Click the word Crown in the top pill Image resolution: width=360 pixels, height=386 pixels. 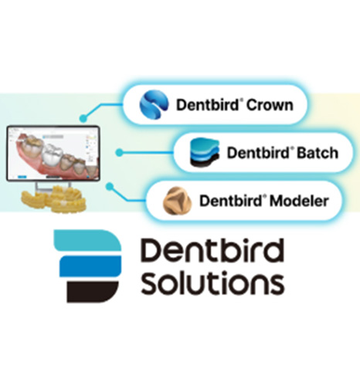[x=270, y=105]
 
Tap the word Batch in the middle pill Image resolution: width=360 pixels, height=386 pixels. [x=318, y=153]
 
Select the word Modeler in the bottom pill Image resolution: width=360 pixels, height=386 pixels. [x=299, y=201]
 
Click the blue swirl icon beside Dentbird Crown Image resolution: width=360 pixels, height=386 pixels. [x=154, y=104]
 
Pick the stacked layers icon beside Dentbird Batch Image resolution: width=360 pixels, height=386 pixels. [x=205, y=152]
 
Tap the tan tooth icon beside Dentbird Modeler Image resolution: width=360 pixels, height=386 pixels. [x=177, y=200]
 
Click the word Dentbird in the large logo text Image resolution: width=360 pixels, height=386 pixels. [x=212, y=249]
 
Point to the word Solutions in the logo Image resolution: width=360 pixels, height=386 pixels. [x=212, y=283]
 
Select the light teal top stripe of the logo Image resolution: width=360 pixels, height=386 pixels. [x=87, y=240]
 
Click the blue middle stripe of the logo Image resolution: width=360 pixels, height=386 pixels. [x=90, y=266]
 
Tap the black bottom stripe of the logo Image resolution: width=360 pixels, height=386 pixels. [x=93, y=292]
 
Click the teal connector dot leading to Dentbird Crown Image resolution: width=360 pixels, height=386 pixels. [x=83, y=118]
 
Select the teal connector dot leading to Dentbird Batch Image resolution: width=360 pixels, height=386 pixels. [x=119, y=153]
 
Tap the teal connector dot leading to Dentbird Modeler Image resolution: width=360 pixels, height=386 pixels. [x=110, y=186]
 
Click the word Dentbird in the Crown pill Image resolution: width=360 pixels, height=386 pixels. [x=208, y=105]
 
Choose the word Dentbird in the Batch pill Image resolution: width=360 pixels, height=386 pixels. [x=258, y=153]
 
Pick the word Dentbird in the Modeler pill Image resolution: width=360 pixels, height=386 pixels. [x=231, y=201]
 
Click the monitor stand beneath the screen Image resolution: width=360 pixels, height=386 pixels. [x=53, y=186]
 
